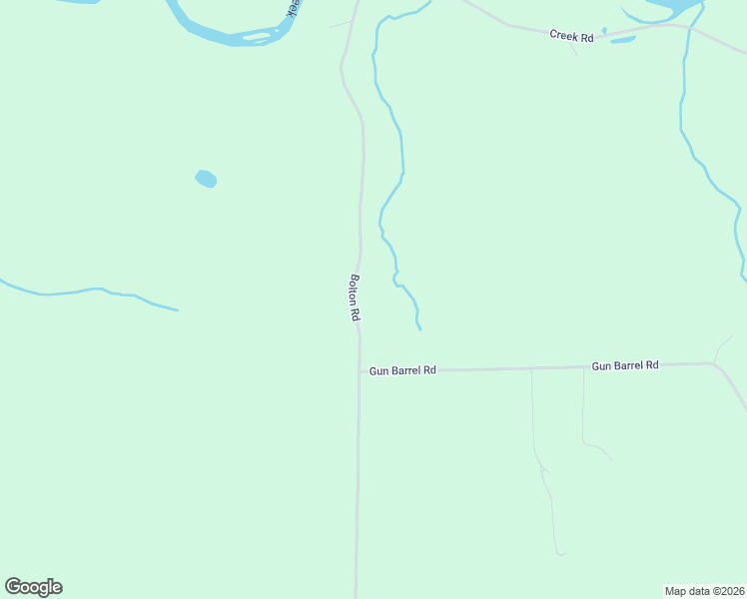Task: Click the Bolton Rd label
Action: click(x=355, y=298)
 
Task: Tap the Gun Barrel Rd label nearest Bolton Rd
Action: click(x=402, y=370)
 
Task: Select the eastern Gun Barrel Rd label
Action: click(x=625, y=365)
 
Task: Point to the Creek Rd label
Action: click(x=571, y=36)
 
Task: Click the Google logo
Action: click(x=33, y=587)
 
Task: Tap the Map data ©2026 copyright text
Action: click(x=704, y=590)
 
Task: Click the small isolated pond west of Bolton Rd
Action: click(x=206, y=179)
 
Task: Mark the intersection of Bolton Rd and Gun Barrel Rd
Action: click(x=360, y=370)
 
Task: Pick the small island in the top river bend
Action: click(x=258, y=38)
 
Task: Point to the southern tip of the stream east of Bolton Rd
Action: click(x=419, y=328)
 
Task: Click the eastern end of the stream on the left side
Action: click(x=178, y=309)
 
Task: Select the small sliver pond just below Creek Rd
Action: click(x=622, y=40)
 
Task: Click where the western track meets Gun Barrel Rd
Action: click(x=531, y=368)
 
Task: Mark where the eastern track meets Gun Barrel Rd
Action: click(x=583, y=367)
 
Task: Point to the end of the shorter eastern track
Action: click(x=612, y=459)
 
